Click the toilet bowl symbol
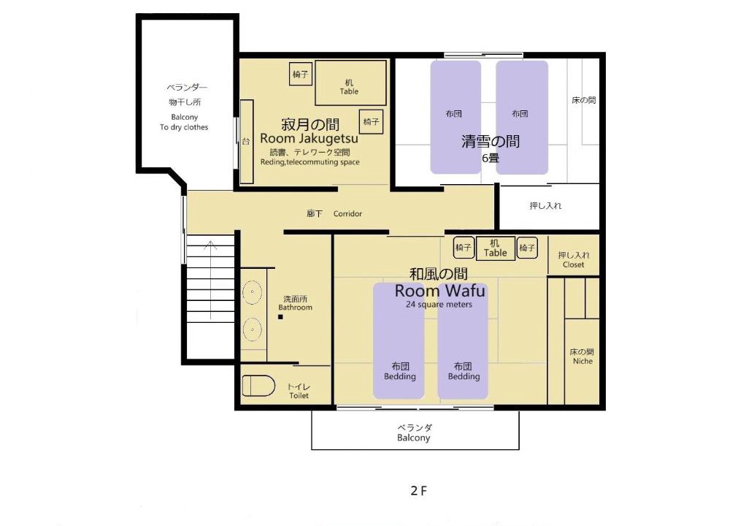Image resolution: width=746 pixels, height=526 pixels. pos(259,386)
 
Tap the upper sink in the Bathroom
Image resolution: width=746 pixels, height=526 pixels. pos(253,292)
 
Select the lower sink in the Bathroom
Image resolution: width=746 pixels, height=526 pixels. pos(253,329)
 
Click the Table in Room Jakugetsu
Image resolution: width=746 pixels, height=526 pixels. pos(350,83)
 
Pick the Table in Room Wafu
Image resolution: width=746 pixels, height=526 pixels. pos(496,248)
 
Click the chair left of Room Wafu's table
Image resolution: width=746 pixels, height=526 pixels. pos(464,248)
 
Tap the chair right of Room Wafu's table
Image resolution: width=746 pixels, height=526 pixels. pos(527,248)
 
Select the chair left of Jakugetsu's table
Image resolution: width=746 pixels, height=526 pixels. pos(301,75)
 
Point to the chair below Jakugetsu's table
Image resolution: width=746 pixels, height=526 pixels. pos(371,122)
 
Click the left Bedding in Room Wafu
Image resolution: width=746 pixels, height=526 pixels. pos(399,341)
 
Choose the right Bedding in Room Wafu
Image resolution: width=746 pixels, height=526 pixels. pos(463,341)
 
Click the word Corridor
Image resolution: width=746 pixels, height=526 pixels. pos(347,214)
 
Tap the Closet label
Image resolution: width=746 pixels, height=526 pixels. pos(573,264)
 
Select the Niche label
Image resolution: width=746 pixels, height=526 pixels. pos(582,362)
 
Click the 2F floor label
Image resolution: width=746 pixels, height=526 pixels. pos(419,491)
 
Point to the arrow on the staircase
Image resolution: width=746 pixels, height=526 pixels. pos(211,280)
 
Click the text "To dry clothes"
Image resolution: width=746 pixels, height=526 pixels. pos(184,127)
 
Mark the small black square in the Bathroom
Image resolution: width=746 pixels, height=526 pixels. pos(280,316)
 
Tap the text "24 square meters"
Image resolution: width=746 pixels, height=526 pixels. pos(439,305)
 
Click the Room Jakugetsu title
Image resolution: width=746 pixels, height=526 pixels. pos(309,139)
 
